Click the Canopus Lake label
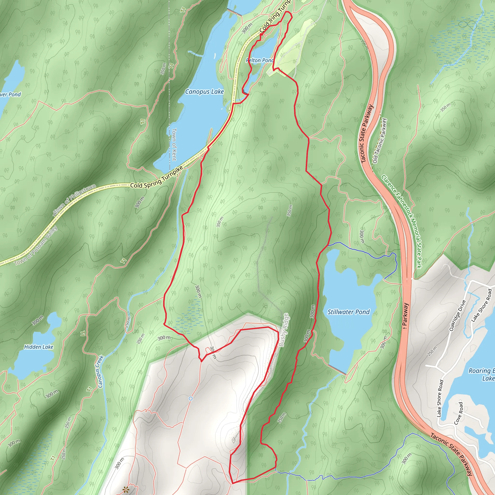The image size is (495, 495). tap(204, 92)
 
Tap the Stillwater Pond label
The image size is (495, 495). tap(349, 312)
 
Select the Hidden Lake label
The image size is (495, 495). tap(39, 347)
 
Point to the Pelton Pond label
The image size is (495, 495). tap(260, 60)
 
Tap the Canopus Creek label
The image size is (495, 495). tap(101, 371)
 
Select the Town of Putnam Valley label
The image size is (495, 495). tap(36, 246)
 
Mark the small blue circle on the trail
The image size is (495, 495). tap(190, 399)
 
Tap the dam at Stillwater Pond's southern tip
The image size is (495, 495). tap(337, 370)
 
